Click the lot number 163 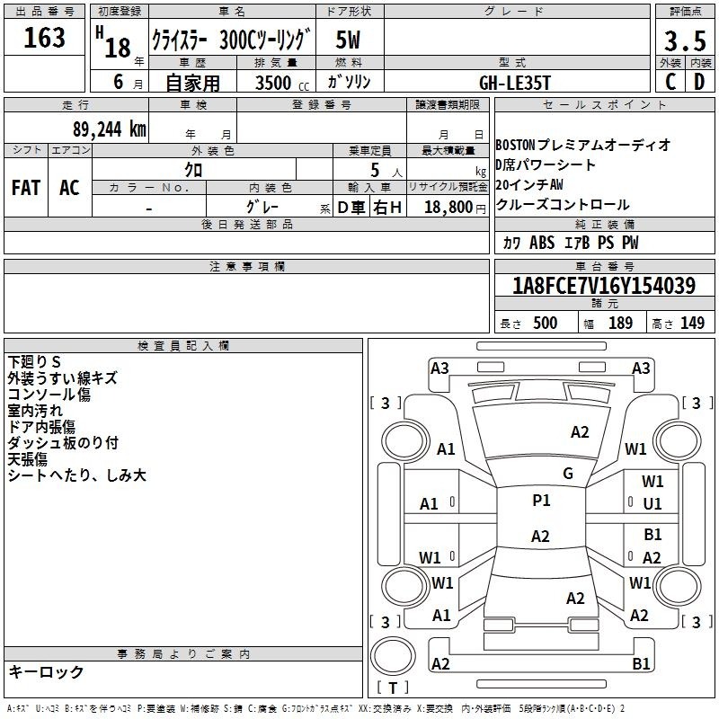(44, 37)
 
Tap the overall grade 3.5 (685, 40)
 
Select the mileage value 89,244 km (110, 129)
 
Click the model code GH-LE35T (514, 83)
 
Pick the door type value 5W (348, 40)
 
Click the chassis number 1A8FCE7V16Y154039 (604, 286)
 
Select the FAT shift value (26, 188)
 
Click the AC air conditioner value (69, 188)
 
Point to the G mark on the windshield (568, 474)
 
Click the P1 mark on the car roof (541, 501)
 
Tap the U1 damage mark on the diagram (652, 504)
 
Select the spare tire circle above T (393, 656)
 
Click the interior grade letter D (699, 82)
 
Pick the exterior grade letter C (670, 82)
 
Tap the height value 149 (692, 323)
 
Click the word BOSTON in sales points (515, 145)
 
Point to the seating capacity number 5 (375, 170)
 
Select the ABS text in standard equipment (542, 243)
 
